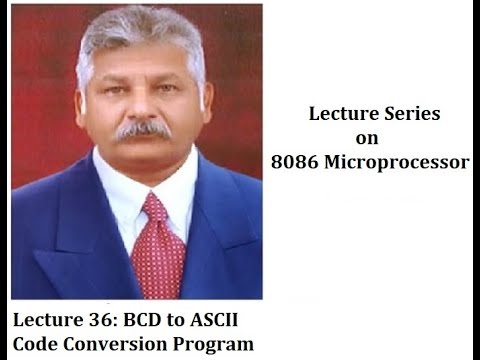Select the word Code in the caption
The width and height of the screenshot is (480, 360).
(x=36, y=345)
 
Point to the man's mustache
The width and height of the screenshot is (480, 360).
(x=141, y=129)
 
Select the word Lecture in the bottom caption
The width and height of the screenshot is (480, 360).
(x=47, y=321)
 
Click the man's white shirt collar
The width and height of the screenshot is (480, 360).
(x=120, y=195)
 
